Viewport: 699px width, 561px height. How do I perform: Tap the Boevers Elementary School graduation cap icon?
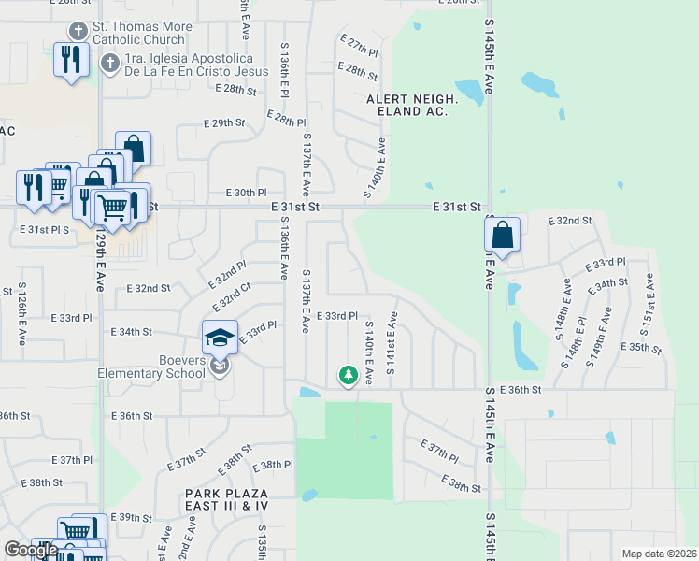pos(219,337)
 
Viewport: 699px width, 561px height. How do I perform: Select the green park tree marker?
pos(348,376)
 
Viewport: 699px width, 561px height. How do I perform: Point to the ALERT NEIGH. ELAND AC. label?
pos(411,105)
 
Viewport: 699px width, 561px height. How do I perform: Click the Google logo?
pos(31,550)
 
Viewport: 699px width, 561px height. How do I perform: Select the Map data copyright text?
pos(659,554)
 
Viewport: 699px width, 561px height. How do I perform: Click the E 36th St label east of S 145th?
pos(521,390)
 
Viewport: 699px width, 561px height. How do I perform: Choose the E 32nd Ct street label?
pos(231,296)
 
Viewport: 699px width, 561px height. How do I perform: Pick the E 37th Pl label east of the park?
pos(439,451)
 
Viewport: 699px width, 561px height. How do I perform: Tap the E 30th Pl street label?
pos(247,192)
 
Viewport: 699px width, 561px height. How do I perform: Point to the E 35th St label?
pos(642,347)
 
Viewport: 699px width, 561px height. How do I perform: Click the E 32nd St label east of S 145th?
pos(574,221)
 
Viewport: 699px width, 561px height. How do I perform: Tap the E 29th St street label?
pos(224,122)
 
